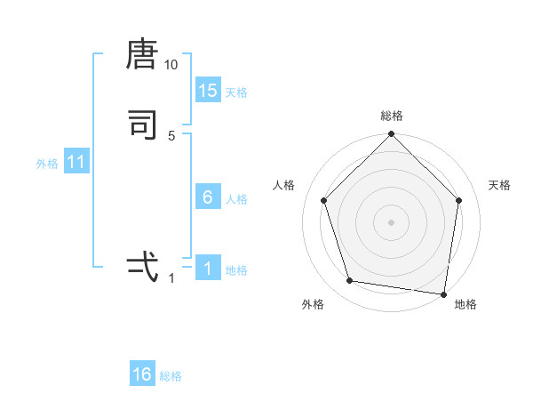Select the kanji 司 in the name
click(142, 125)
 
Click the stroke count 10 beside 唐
click(171, 65)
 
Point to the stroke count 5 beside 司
click(171, 135)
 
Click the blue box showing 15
click(208, 91)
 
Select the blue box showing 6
click(208, 197)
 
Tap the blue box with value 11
click(76, 162)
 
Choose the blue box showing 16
click(142, 374)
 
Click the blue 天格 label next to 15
click(236, 92)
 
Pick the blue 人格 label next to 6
click(236, 199)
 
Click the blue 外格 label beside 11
click(47, 164)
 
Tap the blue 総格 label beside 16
click(171, 376)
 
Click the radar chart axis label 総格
click(391, 116)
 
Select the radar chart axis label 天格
click(499, 185)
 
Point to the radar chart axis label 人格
click(284, 185)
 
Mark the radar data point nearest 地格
click(443, 293)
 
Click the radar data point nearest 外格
click(350, 281)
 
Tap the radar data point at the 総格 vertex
click(391, 135)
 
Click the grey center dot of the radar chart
click(391, 221)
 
